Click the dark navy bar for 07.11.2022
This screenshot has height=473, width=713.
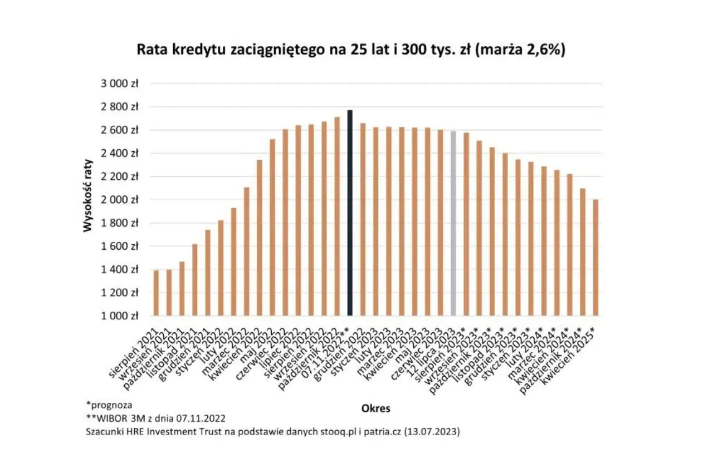coord(350,213)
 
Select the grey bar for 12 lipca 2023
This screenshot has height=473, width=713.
coord(453,224)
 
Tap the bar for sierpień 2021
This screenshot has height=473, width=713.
coord(157,293)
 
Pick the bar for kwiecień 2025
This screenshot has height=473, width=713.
coord(595,258)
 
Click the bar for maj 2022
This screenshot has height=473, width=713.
coord(272,228)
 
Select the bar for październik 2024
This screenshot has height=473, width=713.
coord(583,252)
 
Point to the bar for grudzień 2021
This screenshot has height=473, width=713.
coord(208,273)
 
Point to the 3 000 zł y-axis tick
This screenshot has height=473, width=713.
coord(119,83)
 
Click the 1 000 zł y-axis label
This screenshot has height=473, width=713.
coord(119,316)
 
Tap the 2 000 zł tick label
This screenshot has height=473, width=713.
coord(119,200)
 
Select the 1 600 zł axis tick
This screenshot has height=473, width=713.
coord(119,246)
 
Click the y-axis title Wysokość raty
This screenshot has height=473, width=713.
coord(88,200)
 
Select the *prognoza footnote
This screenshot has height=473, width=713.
coord(109,405)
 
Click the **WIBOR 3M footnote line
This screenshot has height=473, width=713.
coord(155,418)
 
